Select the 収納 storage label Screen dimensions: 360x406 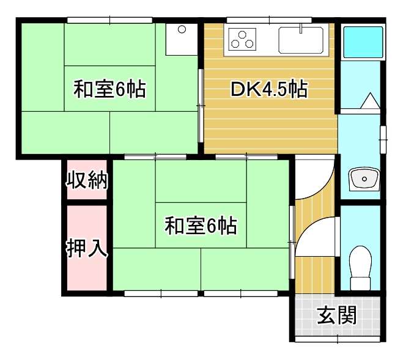pos(87,180)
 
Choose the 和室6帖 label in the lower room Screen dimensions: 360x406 pos(201,227)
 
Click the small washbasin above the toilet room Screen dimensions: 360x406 pos(364,178)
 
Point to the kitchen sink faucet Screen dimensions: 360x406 pos(301,29)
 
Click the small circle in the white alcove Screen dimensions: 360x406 pos(182,29)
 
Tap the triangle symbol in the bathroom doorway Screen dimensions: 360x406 pos(371,101)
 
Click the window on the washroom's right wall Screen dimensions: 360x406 pos(383,140)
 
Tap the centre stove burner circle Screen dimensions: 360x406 pos(243,36)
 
